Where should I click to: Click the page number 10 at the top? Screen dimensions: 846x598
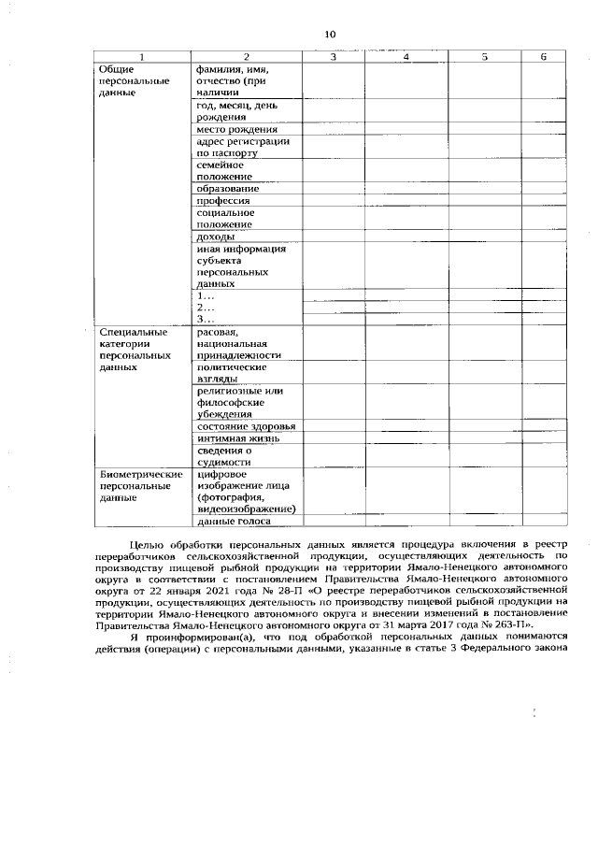point(330,35)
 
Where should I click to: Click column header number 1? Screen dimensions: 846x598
point(142,58)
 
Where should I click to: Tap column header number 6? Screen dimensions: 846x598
point(543,58)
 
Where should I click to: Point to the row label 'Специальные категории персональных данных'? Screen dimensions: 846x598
point(135,350)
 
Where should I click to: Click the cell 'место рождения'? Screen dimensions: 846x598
point(236,129)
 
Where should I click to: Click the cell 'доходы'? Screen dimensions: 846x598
point(216,237)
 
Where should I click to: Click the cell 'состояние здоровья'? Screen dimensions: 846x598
point(247,426)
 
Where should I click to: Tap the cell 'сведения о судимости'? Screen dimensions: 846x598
point(224,456)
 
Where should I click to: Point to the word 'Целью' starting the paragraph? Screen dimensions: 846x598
point(147,543)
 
